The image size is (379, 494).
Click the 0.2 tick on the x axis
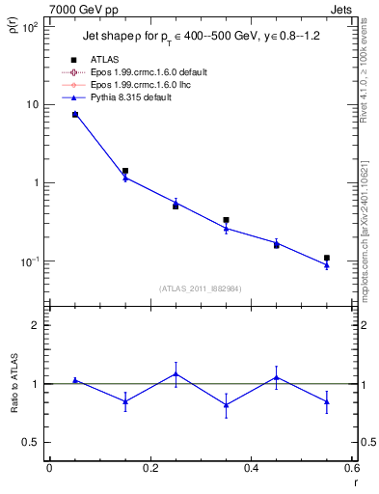(149, 468)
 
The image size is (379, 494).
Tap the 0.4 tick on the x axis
(251, 468)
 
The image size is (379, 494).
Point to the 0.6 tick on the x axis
(351, 468)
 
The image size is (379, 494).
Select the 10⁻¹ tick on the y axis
(31, 261)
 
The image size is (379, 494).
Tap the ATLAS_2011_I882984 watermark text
(201, 288)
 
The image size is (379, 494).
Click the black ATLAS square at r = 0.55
(327, 258)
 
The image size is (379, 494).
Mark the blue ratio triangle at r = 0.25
(176, 373)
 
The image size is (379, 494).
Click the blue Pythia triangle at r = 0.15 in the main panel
(125, 178)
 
